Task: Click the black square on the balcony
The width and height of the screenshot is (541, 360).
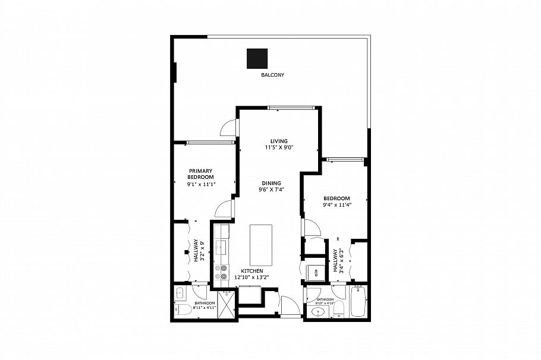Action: [257, 58]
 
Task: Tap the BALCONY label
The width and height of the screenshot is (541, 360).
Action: [273, 75]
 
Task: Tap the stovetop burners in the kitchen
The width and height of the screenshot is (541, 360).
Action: [222, 272]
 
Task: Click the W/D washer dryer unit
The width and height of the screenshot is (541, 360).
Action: [314, 272]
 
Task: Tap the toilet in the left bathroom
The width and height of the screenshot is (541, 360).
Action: [182, 310]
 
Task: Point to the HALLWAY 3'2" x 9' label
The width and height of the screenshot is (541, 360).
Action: [198, 251]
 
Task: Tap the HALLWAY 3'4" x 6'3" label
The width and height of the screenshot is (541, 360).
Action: [338, 260]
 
